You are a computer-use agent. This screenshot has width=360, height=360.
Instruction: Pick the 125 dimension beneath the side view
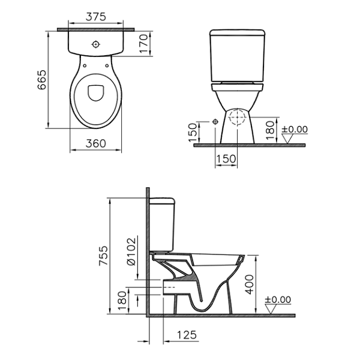[188, 335]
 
